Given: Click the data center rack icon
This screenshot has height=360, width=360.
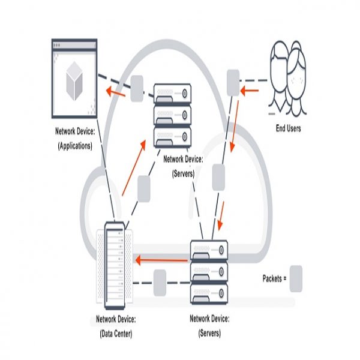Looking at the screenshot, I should click(113, 264).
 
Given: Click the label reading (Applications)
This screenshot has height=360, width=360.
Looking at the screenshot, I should click(74, 146).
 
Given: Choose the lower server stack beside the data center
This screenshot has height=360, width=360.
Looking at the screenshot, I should click(210, 270).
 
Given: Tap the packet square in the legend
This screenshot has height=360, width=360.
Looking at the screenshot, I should click(296, 279).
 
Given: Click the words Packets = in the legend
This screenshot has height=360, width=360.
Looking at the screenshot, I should click(275, 278).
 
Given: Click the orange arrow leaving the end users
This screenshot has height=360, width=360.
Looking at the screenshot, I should click(250, 91).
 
